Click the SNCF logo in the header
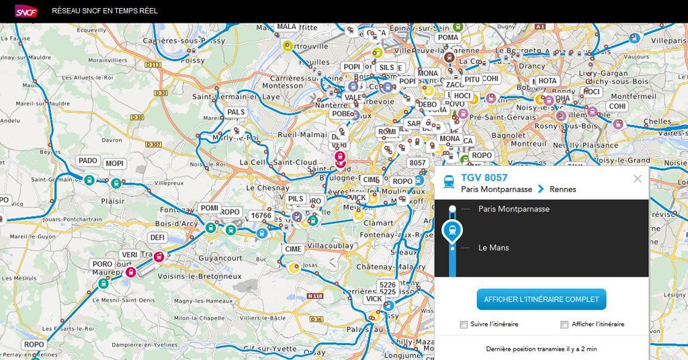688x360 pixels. pyautogui.click(x=26, y=11)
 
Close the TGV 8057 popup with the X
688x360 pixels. pyautogui.click(x=638, y=179)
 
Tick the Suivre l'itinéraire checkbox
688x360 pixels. pyautogui.click(x=464, y=324)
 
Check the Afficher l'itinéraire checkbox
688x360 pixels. pyautogui.click(x=564, y=324)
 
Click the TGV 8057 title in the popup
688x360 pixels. pyautogui.click(x=484, y=178)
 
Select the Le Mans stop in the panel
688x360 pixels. pyautogui.click(x=494, y=248)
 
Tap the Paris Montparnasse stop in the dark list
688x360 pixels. pyautogui.click(x=513, y=209)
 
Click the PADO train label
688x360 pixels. pyautogui.click(x=88, y=161)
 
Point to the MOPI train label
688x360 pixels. pyautogui.click(x=115, y=164)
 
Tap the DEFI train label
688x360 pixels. pyautogui.click(x=157, y=238)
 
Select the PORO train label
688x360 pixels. pyautogui.click(x=102, y=265)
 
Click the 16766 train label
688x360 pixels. pyautogui.click(x=261, y=216)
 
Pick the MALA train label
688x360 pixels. pyautogui.click(x=286, y=28)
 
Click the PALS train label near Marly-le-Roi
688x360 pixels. pyautogui.click(x=236, y=112)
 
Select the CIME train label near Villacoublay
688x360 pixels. pyautogui.click(x=293, y=249)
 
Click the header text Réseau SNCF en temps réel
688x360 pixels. pyautogui.click(x=105, y=11)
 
